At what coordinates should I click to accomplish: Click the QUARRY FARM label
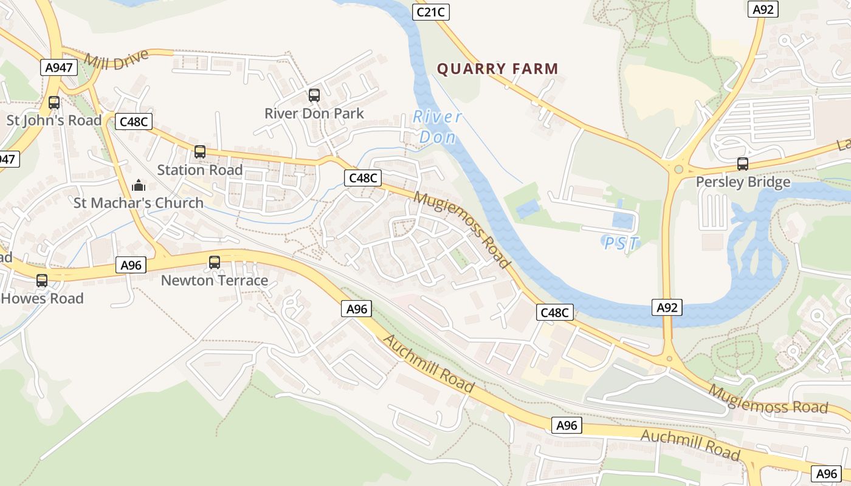(497, 69)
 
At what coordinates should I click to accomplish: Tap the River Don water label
(437, 127)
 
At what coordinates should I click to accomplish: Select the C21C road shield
(430, 12)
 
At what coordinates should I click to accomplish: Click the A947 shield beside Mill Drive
(59, 67)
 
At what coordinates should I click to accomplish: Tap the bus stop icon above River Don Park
(314, 95)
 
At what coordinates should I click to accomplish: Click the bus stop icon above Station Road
(200, 152)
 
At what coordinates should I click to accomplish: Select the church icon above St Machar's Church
(139, 185)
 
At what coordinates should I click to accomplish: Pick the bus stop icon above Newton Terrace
(215, 262)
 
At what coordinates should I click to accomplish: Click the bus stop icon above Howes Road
(42, 281)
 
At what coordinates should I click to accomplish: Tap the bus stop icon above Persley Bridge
(742, 163)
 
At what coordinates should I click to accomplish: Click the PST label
(621, 244)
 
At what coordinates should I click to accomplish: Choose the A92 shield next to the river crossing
(667, 307)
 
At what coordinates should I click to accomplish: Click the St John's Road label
(54, 120)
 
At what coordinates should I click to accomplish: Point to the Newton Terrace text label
(214, 281)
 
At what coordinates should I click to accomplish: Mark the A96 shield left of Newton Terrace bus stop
(131, 265)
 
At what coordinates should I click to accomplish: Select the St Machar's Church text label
(139, 203)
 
